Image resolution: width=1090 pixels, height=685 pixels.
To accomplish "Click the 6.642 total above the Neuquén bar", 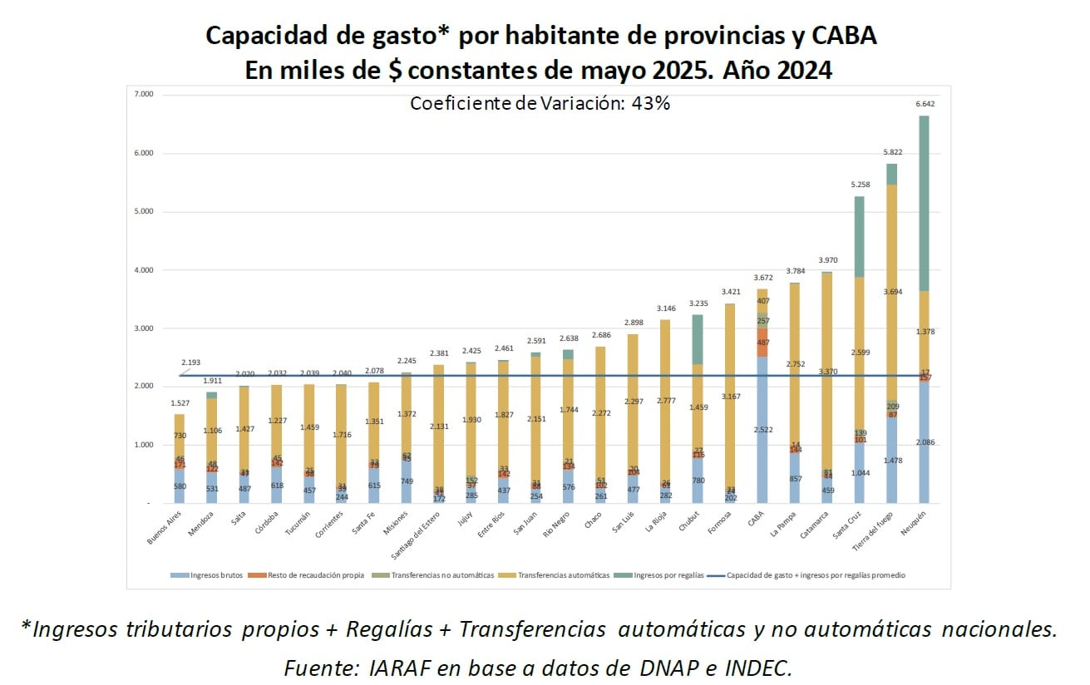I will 925,104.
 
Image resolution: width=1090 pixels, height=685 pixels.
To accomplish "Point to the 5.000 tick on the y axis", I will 143,211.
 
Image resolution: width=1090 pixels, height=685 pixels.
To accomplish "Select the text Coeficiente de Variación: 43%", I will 540,103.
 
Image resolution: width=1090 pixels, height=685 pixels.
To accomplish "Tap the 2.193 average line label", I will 190,362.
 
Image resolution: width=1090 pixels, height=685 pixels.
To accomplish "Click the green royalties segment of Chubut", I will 698,339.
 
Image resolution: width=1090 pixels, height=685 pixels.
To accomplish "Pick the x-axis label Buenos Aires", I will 165,529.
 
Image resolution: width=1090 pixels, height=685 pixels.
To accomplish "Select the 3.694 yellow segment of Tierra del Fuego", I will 890,291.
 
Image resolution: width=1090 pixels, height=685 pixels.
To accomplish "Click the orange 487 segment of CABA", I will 762,342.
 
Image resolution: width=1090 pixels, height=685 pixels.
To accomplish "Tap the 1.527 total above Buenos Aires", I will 179,402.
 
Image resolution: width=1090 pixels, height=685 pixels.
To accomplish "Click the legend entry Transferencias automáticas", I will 563,575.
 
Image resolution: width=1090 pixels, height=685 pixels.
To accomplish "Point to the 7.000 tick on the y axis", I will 143,95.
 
